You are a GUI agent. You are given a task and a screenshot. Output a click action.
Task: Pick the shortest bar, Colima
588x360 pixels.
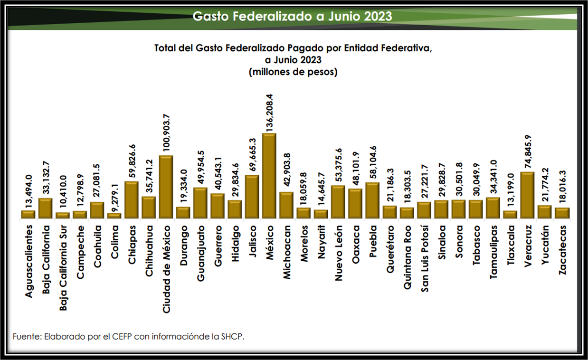[114, 216]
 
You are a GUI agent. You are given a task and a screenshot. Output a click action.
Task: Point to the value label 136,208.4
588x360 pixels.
[269, 112]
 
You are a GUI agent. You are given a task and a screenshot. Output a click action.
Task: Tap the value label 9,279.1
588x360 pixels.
[114, 198]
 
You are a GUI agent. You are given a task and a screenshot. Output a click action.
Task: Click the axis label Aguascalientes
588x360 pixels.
[28, 261]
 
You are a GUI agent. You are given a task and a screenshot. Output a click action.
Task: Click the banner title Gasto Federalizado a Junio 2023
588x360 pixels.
[292, 16]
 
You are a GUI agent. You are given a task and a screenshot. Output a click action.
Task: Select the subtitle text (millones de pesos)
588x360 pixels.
[293, 72]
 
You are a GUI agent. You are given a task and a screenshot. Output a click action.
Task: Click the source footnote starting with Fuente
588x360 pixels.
[128, 337]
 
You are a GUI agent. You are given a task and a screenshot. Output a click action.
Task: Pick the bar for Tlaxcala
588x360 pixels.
[510, 214]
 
